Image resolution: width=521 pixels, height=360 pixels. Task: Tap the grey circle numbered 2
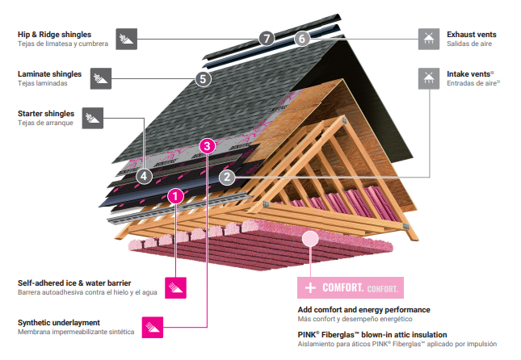(228, 175)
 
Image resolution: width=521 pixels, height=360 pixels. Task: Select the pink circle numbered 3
(208, 146)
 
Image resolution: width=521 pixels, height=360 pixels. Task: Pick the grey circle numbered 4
(144, 174)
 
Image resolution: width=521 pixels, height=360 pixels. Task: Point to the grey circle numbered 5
(203, 79)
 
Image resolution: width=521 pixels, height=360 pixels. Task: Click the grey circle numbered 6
(301, 38)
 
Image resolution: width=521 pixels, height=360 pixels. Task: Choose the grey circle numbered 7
(267, 38)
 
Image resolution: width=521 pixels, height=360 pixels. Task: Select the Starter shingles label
(46, 114)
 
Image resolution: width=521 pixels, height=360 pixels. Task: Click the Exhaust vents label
(471, 35)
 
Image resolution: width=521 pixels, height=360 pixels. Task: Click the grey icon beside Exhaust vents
(429, 38)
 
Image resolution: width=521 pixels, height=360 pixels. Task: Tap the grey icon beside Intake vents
(429, 77)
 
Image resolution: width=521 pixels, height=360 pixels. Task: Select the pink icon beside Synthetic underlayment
(153, 326)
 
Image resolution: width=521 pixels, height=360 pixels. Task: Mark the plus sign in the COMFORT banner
(309, 287)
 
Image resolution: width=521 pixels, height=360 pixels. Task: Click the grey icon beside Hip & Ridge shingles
(126, 38)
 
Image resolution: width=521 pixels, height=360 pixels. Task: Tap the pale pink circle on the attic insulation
(309, 238)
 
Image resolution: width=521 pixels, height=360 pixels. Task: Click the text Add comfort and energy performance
(363, 309)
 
